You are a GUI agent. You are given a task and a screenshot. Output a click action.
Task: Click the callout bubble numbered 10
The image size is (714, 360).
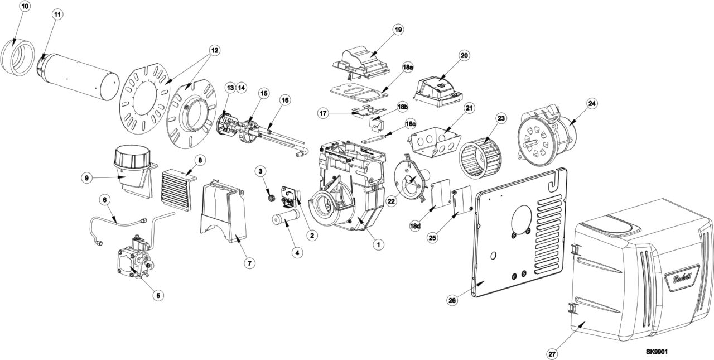pos(25,7)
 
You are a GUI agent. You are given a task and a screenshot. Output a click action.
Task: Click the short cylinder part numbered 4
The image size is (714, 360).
pos(284,219)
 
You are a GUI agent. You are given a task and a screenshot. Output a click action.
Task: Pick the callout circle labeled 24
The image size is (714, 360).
pos(592,103)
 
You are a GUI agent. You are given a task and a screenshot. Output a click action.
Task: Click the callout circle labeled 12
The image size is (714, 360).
pos(214,49)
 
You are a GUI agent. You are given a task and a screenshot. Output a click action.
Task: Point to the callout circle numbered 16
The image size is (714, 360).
pos(285,100)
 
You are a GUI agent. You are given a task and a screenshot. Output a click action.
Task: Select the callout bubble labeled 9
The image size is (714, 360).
pos(86,177)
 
